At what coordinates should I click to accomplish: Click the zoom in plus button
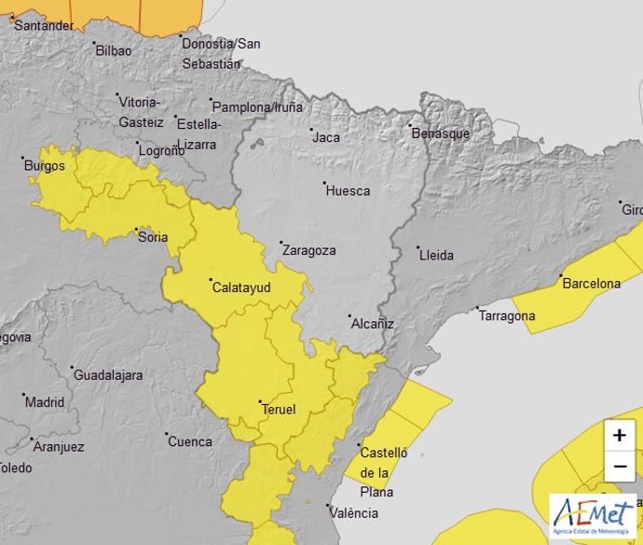620,436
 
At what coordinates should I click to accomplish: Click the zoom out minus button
620,467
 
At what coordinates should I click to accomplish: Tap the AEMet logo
593,516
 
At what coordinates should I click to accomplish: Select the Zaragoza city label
308,250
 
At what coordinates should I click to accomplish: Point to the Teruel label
279,409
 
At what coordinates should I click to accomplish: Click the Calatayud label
241,287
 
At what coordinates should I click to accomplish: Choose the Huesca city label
348,190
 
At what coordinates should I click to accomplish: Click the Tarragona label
507,315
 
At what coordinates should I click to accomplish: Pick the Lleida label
436,254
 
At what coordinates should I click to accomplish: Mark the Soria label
153,237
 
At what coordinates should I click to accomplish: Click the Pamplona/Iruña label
258,107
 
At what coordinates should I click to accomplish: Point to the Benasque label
441,133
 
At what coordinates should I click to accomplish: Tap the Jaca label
326,137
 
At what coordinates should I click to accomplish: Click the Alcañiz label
372,324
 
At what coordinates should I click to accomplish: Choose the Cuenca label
190,441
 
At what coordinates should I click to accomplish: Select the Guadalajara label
107,375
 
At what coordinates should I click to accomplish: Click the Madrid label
45,402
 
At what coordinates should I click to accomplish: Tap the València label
353,512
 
